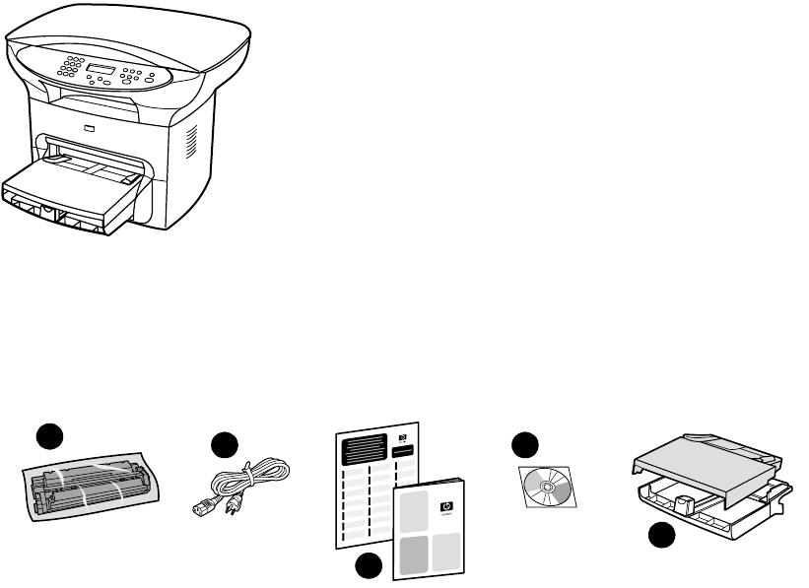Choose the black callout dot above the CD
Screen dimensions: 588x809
tap(524, 445)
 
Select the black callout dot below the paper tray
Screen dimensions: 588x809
tap(661, 537)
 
